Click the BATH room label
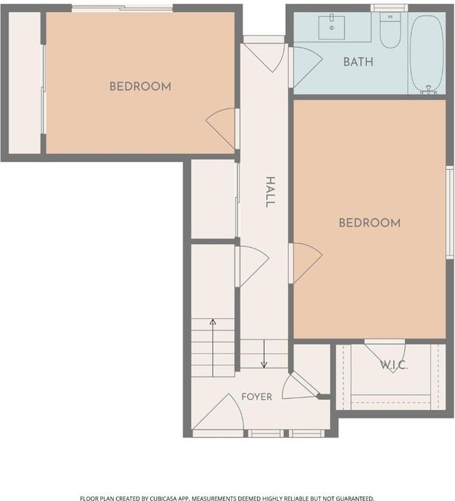358,61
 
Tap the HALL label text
270,192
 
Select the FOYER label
257,397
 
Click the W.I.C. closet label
394,365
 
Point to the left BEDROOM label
140,86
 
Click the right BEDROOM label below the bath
369,223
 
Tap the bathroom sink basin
331,27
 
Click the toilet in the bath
390,30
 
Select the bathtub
427,54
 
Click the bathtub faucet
428,89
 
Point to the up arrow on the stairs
212,348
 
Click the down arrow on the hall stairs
264,353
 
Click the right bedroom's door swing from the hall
306,263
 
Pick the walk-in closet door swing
385,357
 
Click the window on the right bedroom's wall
450,211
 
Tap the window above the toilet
389,8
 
